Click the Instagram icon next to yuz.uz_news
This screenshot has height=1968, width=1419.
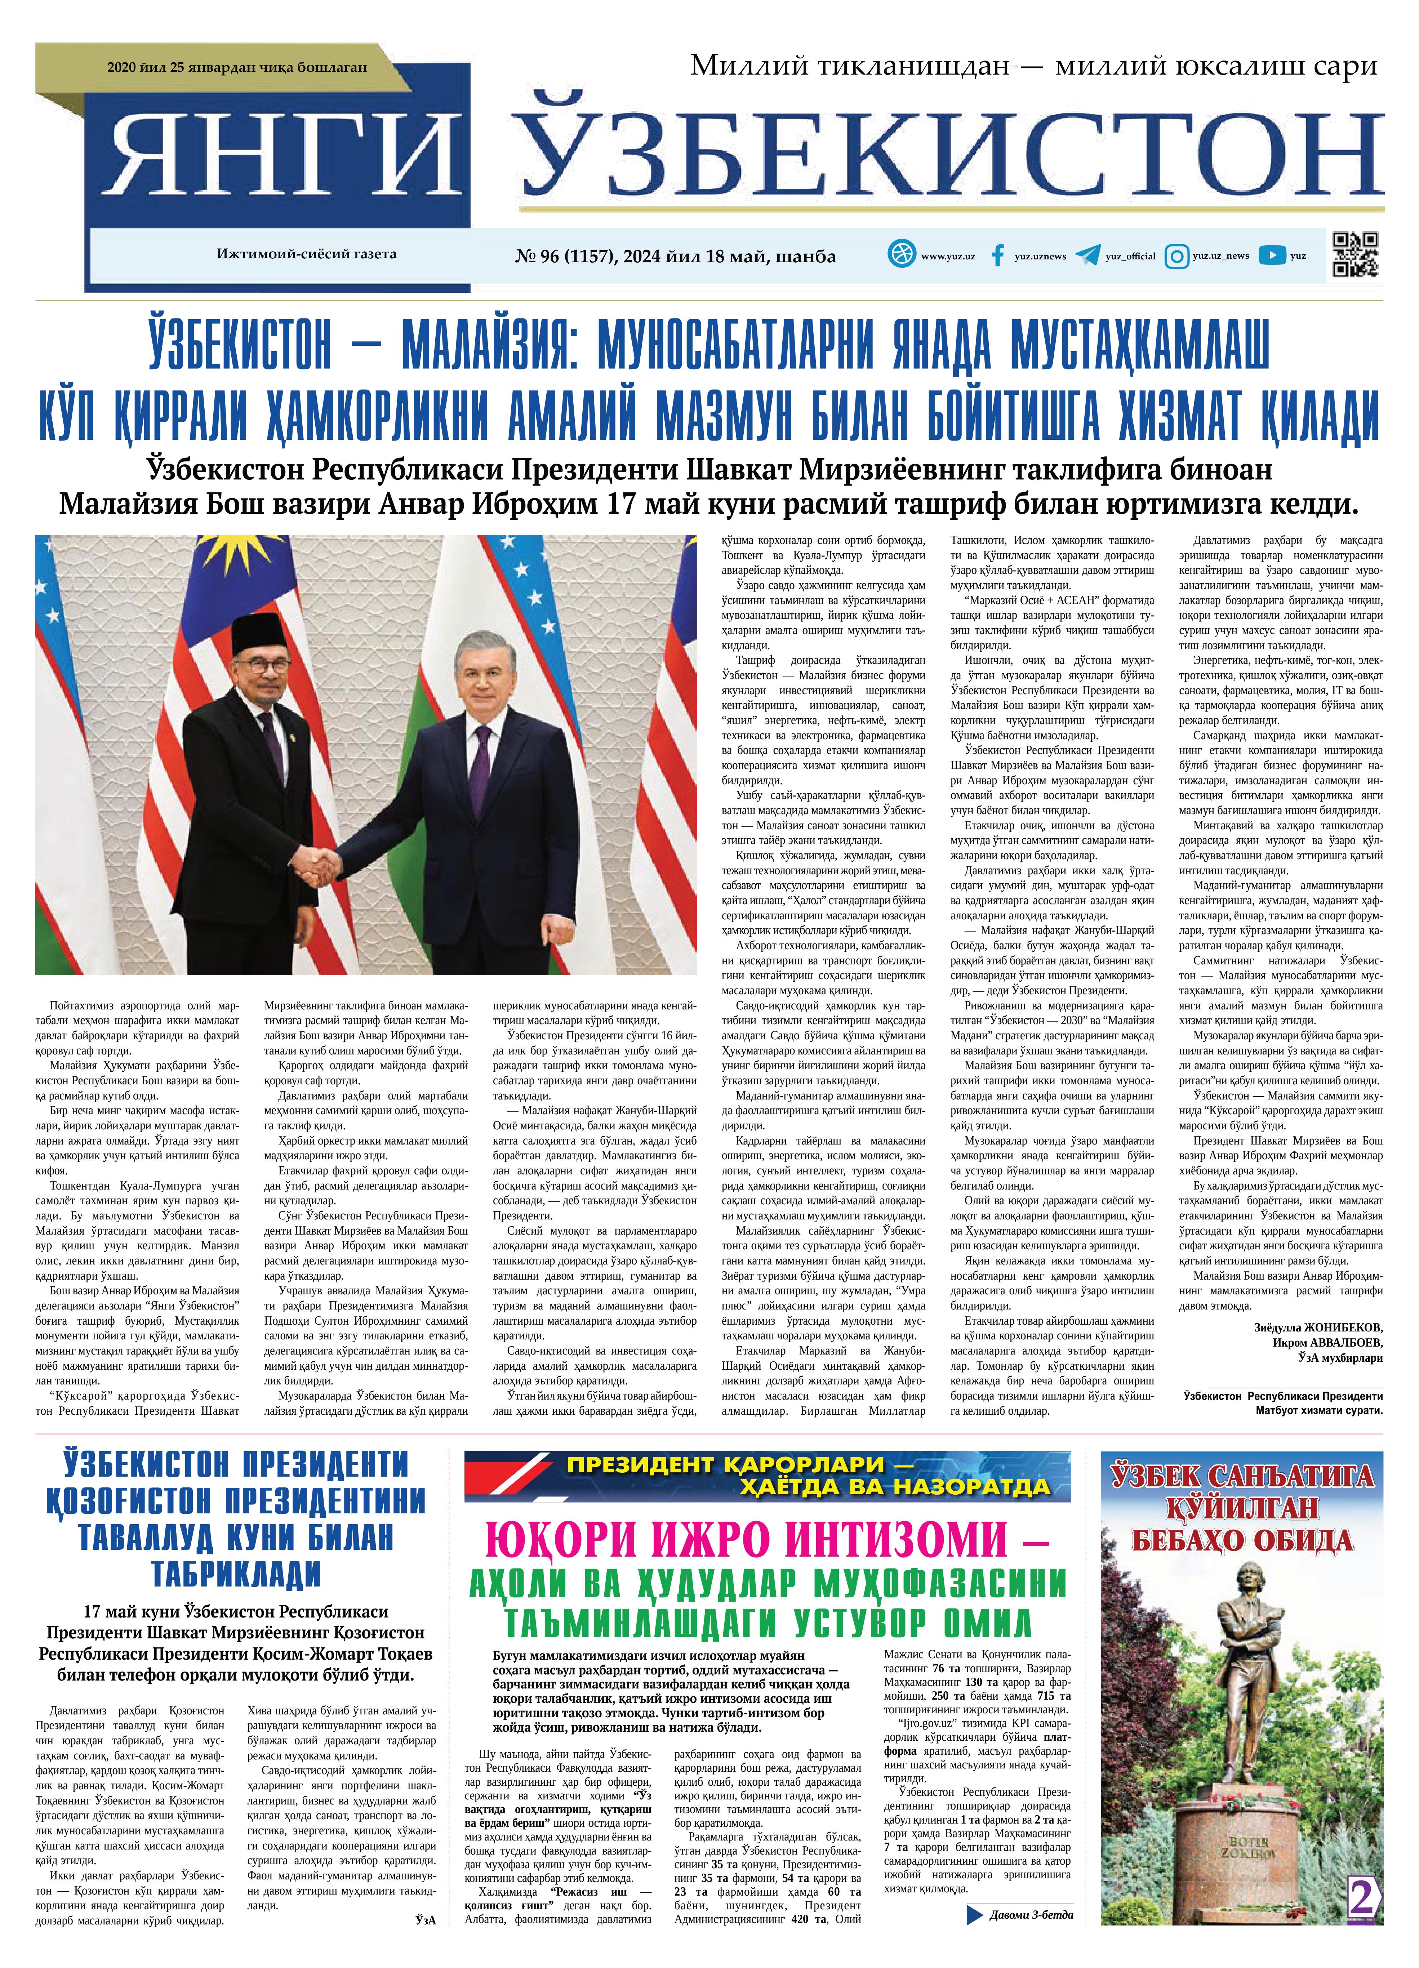point(1177,256)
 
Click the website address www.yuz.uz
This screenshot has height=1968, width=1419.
point(948,256)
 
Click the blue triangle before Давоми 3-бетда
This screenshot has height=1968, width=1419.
point(975,1938)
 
